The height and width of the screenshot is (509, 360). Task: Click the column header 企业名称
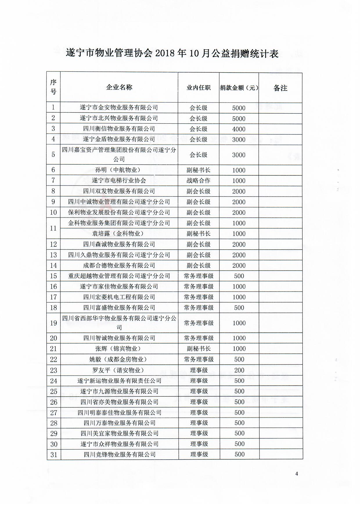coord(119,87)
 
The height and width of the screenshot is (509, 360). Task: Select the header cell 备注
coord(280,88)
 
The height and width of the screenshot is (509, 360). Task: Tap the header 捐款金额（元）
coord(239,88)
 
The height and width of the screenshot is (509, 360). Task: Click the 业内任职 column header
coord(198,88)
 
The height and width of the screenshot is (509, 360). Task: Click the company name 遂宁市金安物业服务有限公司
coord(119,107)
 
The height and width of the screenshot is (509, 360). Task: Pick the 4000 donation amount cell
coord(239,129)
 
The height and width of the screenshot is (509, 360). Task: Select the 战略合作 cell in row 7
coord(198,181)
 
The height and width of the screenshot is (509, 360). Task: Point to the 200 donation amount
coord(239,370)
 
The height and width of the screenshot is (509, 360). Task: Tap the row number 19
coord(53,323)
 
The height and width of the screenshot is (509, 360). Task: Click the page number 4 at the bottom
coord(296,474)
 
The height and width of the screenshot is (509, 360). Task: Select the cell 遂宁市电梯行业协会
coord(119,181)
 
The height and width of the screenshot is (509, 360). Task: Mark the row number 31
coord(54,454)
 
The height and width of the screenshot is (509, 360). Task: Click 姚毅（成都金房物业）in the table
coord(119,359)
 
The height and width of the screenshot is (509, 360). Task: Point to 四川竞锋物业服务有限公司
coord(120,454)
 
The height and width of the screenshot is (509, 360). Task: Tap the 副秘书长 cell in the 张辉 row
coord(199,349)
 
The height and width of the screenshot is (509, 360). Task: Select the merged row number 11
coord(53,228)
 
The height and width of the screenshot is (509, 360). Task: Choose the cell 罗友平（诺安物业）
coord(119,370)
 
